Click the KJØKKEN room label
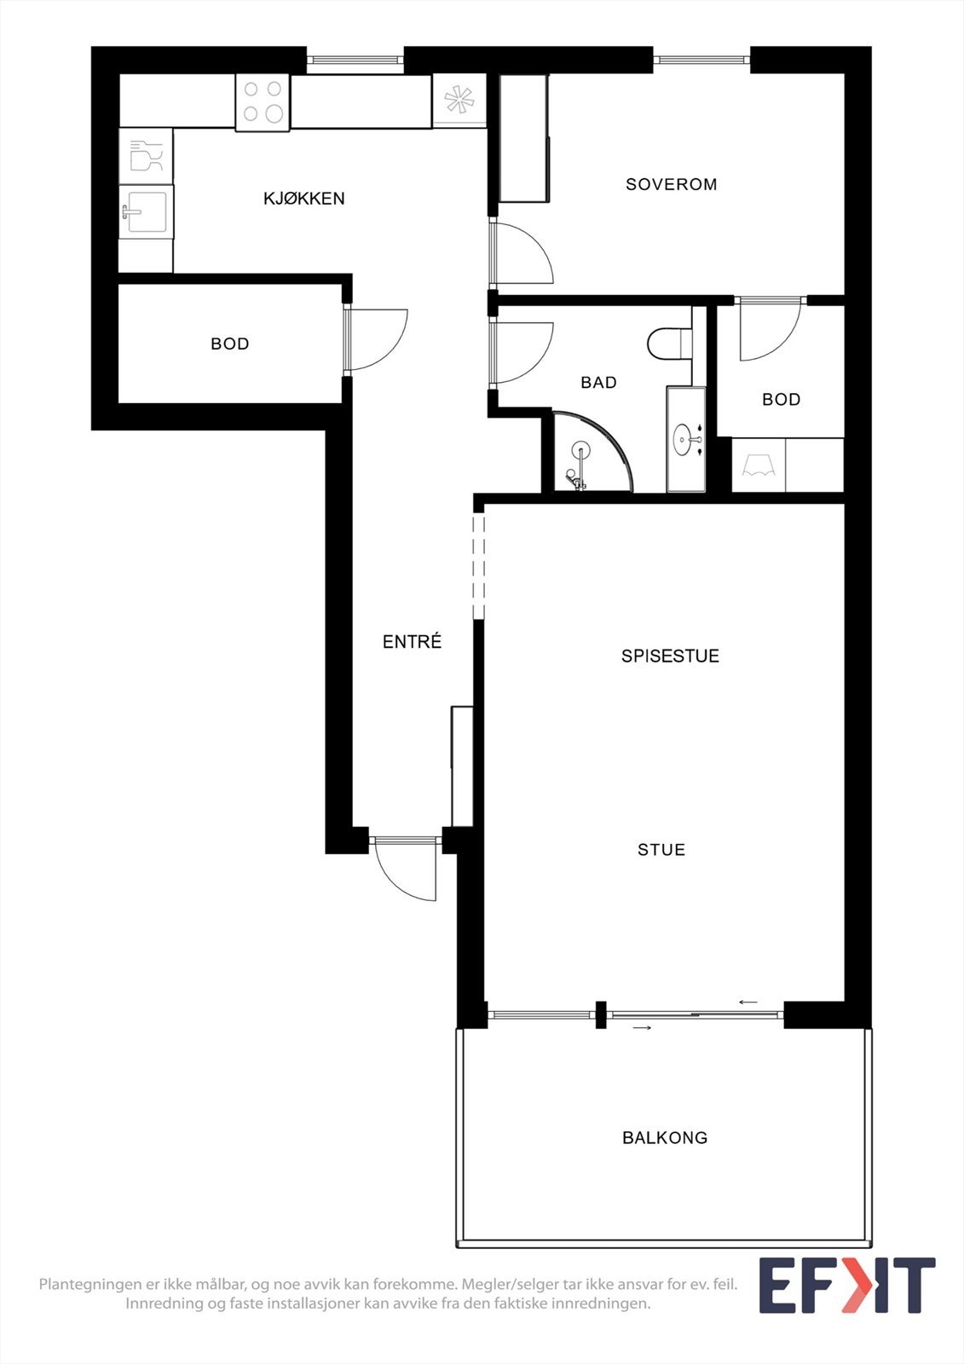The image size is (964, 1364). click(x=303, y=199)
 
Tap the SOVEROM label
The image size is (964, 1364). click(x=671, y=184)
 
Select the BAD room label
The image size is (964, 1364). click(x=598, y=383)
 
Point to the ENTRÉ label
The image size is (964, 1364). click(x=412, y=642)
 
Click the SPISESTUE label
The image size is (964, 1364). click(x=670, y=656)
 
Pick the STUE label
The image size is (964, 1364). click(x=661, y=850)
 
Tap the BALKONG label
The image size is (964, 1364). click(x=665, y=1137)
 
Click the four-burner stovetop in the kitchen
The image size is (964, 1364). click(x=263, y=101)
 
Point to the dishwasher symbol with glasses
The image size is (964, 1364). click(x=145, y=156)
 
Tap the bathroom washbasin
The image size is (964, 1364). click(x=685, y=440)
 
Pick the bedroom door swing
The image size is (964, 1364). click(x=522, y=253)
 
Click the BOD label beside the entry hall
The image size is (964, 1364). click(x=229, y=344)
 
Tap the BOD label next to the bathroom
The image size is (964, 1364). click(x=781, y=399)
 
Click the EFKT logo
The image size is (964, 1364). click(x=846, y=1285)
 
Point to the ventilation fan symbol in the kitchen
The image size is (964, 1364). click(x=459, y=101)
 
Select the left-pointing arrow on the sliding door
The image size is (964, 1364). click(x=748, y=1002)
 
